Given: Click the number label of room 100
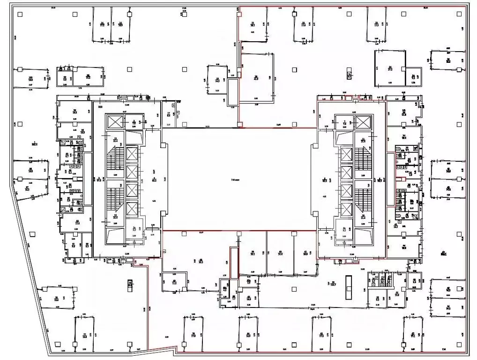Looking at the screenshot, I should [30, 77].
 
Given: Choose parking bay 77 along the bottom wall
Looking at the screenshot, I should [85, 334].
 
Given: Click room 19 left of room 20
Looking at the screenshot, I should [217, 80].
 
